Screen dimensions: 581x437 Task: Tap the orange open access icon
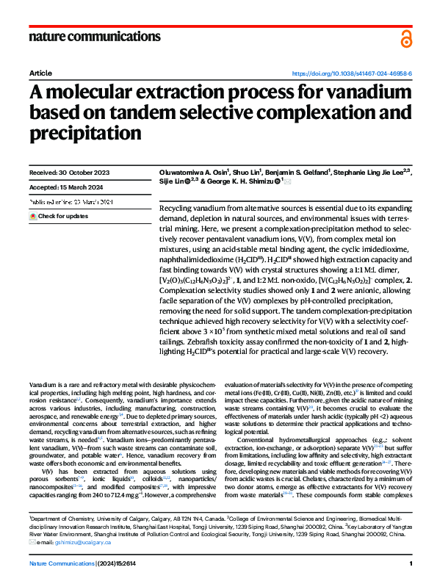coord(406,39)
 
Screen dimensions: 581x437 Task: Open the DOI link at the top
coord(352,74)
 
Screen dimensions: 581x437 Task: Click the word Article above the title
coord(40,74)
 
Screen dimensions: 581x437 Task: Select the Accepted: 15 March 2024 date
coord(65,187)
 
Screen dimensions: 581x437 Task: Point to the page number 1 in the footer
coord(411,563)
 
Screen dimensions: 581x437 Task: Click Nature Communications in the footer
coord(61,563)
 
